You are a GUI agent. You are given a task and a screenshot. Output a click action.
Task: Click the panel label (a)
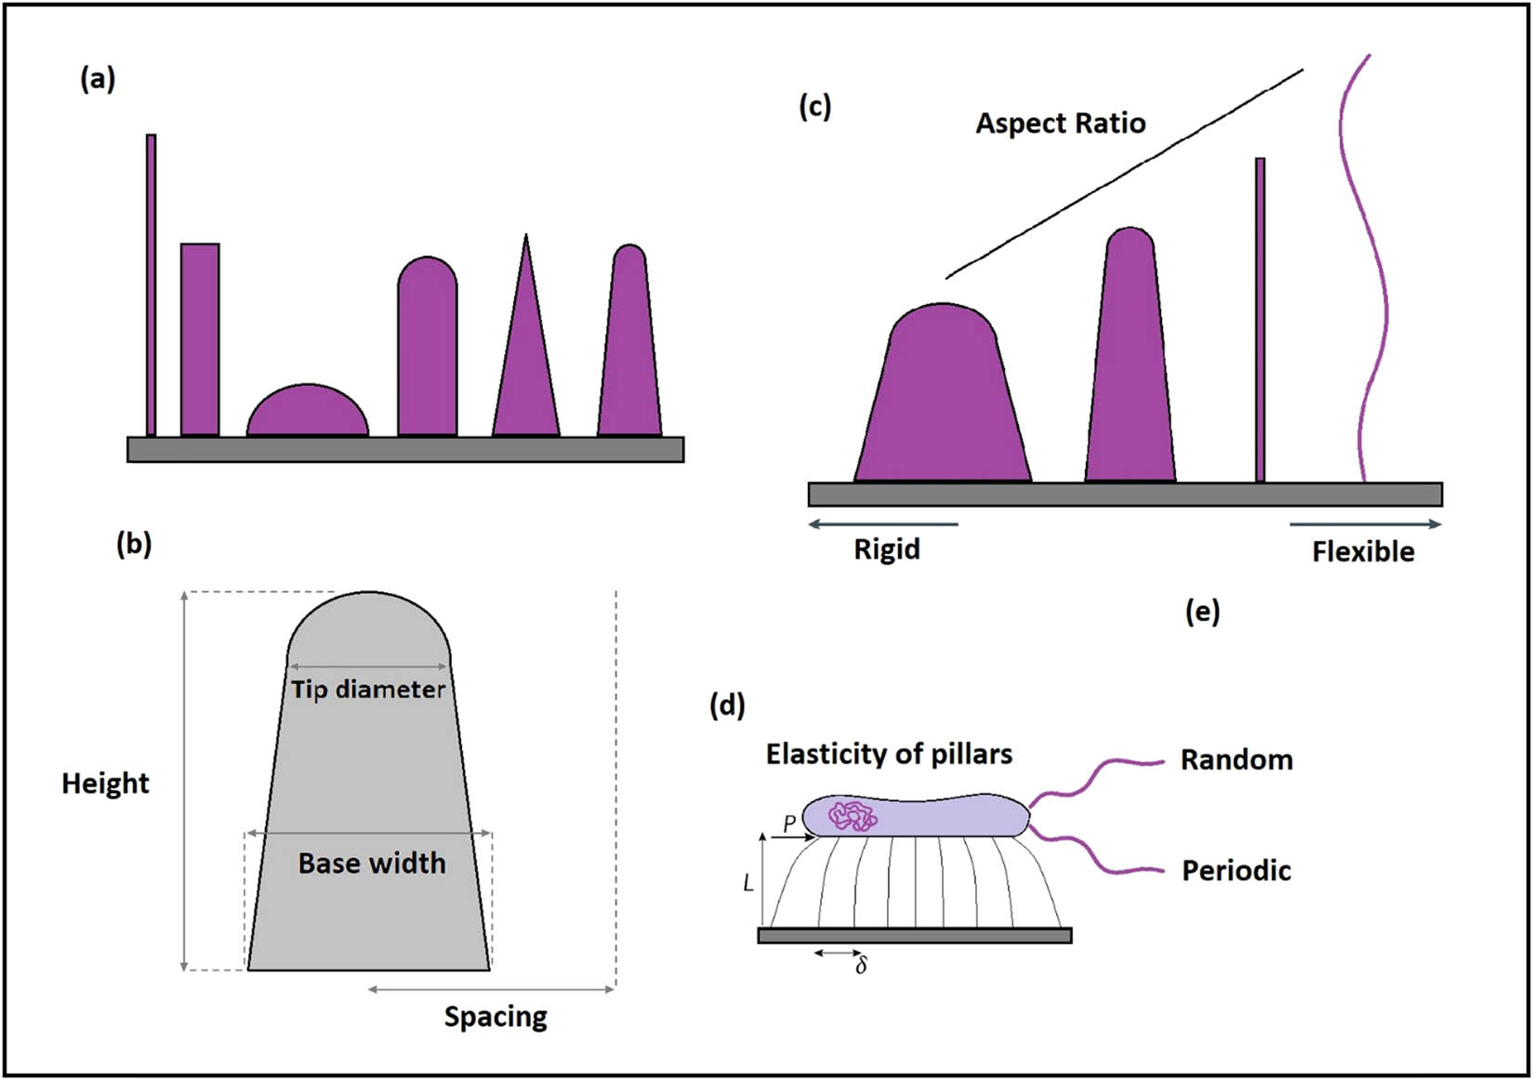(98, 80)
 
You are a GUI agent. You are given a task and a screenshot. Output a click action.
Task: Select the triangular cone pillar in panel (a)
(526, 363)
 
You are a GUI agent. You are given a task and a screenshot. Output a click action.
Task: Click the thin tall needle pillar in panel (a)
(151, 283)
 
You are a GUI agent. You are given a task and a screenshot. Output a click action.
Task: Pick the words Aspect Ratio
(1060, 124)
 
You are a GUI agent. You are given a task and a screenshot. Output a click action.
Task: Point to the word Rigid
(887, 549)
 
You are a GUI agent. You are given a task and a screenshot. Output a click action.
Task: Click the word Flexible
(1363, 552)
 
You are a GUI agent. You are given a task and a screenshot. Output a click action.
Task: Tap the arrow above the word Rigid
(883, 524)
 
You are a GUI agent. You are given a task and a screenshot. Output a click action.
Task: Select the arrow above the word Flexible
(1365, 524)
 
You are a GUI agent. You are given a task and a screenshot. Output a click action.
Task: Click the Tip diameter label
(368, 690)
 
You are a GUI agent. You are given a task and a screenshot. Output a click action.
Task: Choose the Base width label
(372, 863)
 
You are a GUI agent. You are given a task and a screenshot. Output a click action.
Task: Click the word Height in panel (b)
(105, 784)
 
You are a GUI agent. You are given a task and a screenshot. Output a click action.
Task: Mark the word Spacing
(496, 1017)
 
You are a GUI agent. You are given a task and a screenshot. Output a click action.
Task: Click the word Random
(1236, 760)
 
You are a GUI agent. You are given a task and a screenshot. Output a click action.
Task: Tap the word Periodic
(1236, 871)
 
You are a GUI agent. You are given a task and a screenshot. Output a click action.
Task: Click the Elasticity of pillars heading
(889, 754)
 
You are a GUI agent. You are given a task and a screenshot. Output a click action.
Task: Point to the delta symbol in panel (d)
(862, 967)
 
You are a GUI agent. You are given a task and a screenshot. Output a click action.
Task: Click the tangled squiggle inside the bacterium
(853, 816)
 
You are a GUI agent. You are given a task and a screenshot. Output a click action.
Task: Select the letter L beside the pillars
(748, 884)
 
